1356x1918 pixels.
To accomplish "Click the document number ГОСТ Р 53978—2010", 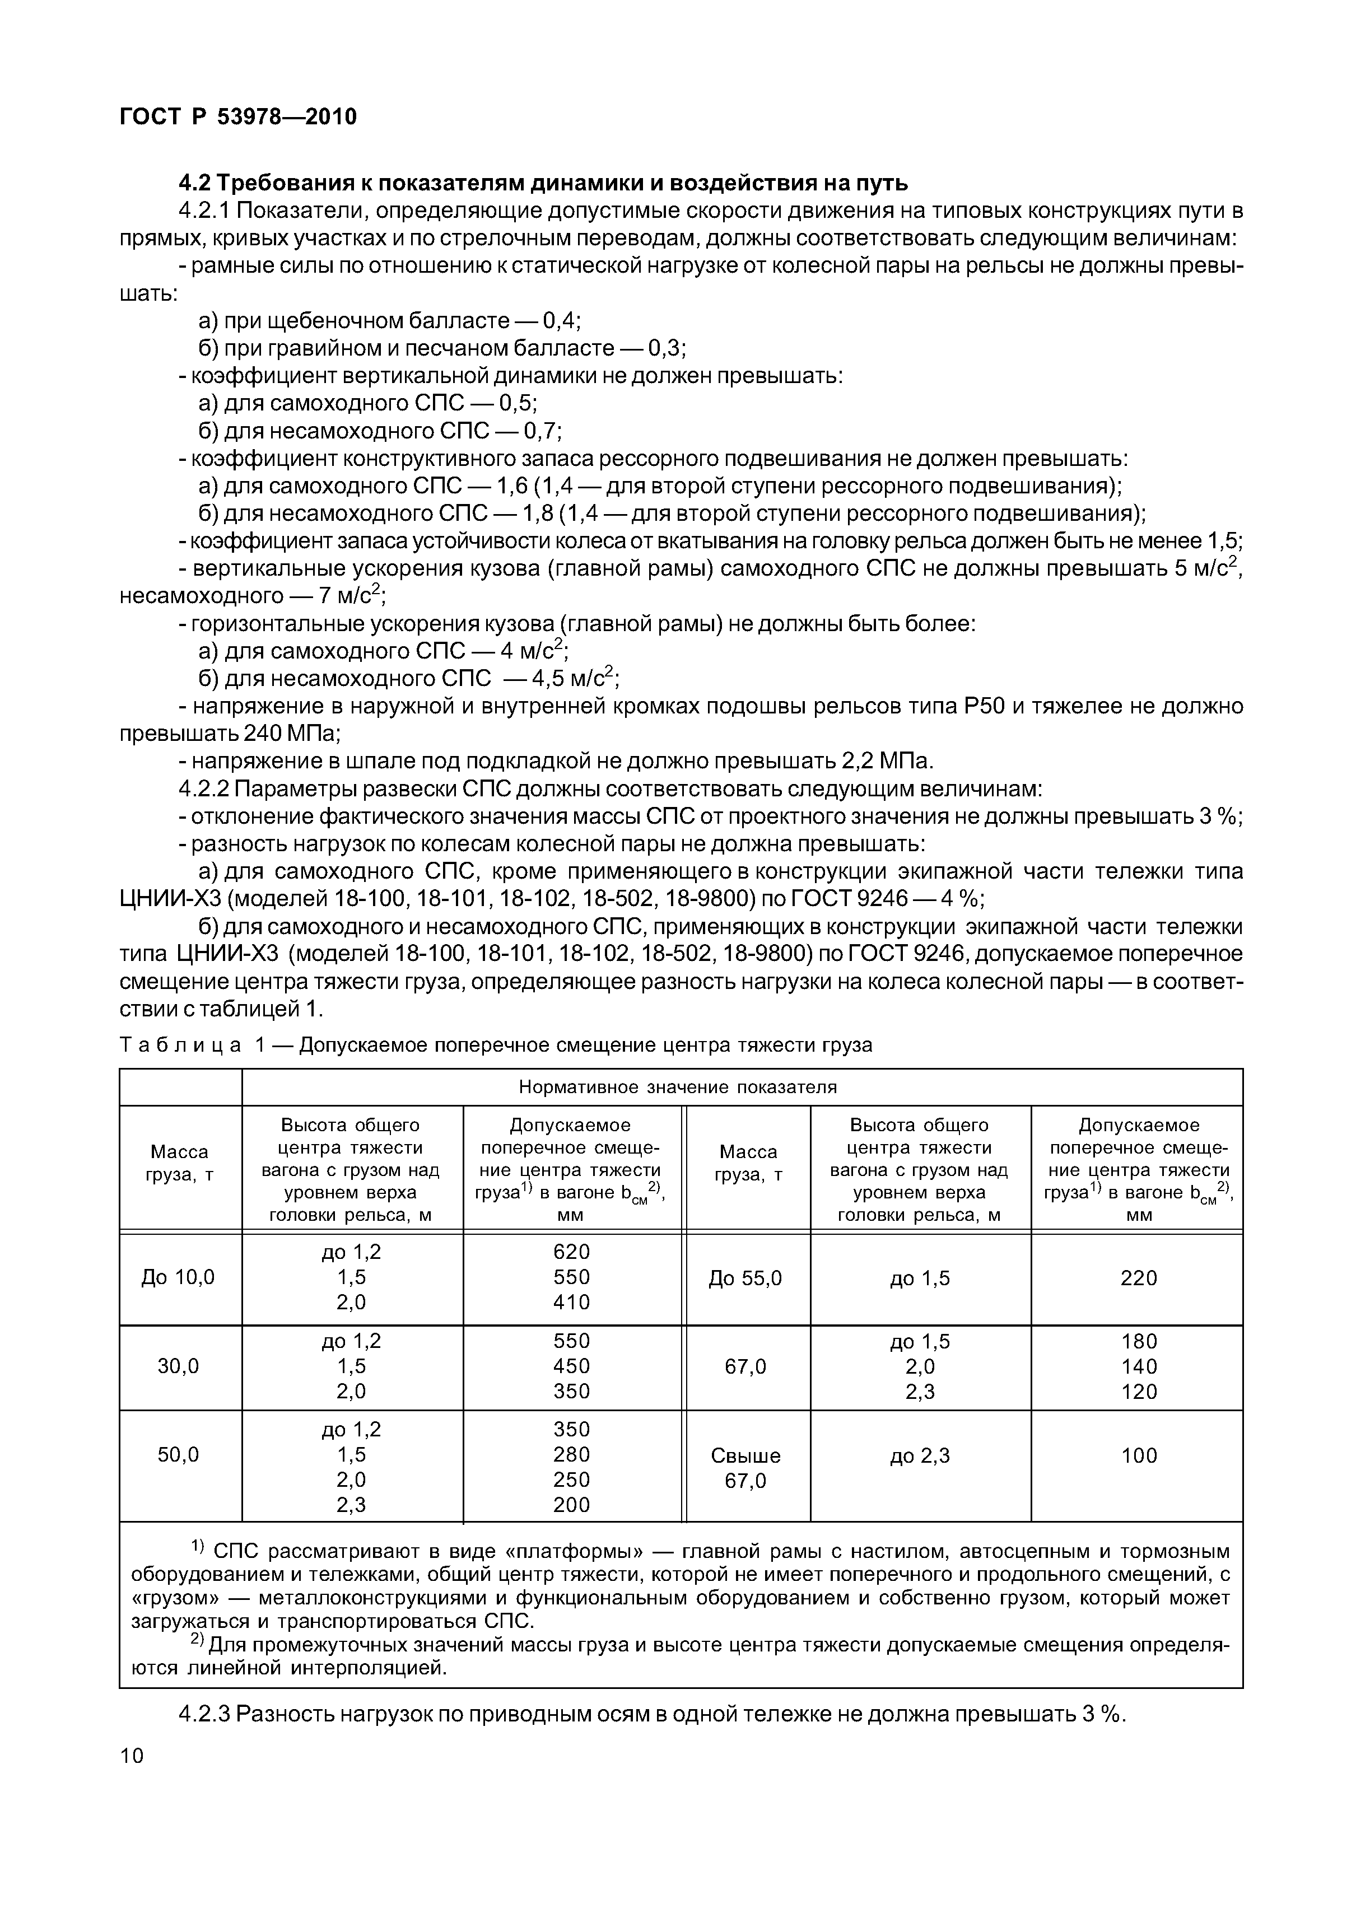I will tap(238, 117).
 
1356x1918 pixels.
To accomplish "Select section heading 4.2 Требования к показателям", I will tap(543, 182).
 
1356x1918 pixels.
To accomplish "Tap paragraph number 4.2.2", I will tap(204, 788).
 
